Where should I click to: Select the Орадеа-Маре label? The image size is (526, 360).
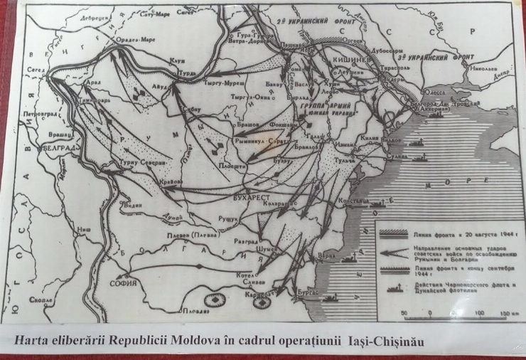[136, 40]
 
